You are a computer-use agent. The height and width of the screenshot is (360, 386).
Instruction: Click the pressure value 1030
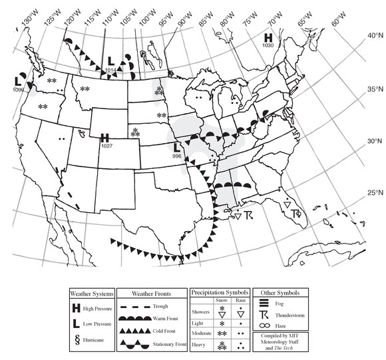(x=268, y=46)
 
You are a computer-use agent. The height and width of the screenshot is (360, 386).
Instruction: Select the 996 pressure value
(x=176, y=155)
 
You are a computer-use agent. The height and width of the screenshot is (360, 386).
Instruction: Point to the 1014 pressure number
(x=110, y=69)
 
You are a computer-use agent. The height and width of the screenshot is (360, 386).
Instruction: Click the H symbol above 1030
(x=268, y=38)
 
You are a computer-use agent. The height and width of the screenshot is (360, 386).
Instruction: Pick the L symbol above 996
(x=176, y=146)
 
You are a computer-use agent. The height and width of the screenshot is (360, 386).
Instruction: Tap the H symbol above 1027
(x=104, y=138)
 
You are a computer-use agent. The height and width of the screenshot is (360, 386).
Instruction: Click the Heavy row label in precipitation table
(x=200, y=344)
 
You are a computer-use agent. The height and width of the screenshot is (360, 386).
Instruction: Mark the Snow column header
(x=222, y=301)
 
